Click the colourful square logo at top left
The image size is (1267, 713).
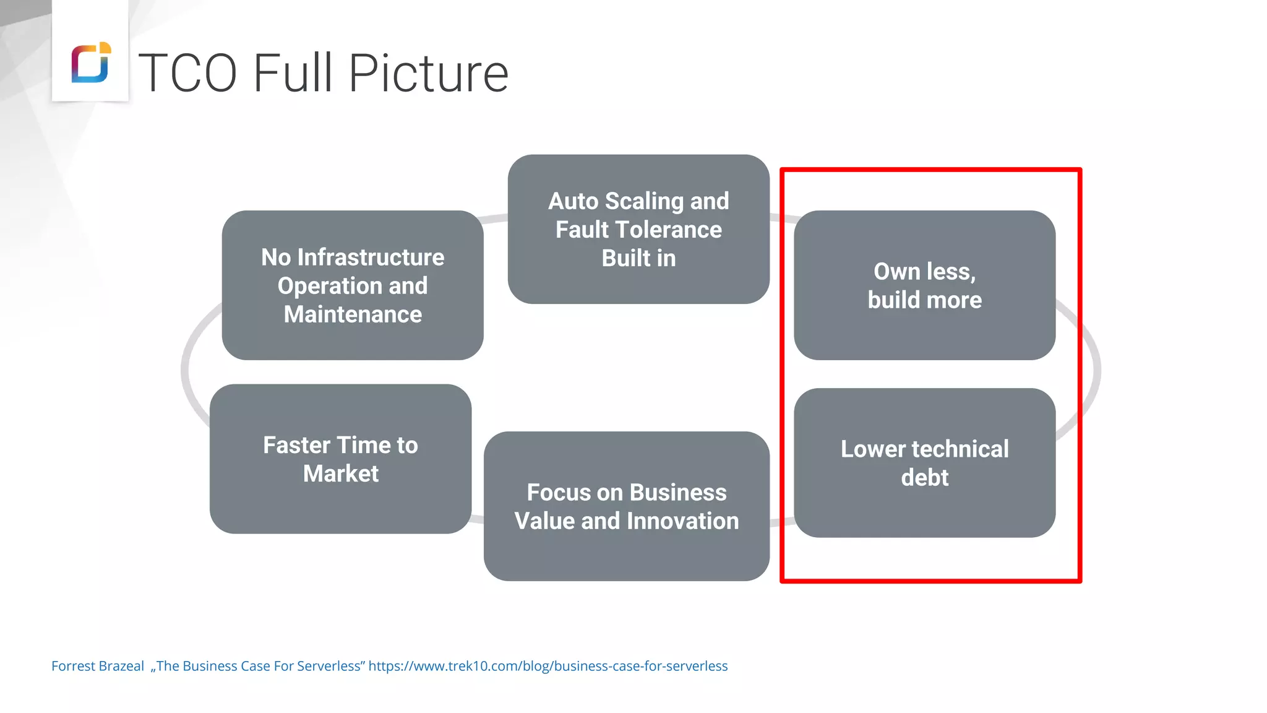(x=91, y=63)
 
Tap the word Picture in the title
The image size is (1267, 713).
(x=428, y=73)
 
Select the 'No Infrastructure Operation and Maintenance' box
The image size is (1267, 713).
(x=353, y=285)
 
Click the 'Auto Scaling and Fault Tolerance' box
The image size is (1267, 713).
(x=638, y=229)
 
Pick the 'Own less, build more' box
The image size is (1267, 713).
(x=924, y=285)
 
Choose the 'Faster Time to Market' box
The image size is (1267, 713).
(x=340, y=459)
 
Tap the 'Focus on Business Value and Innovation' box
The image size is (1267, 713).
(x=626, y=506)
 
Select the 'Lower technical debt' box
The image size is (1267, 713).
(x=924, y=463)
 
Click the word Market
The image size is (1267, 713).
(x=341, y=473)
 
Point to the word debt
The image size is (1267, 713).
(x=924, y=478)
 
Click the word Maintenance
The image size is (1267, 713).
(x=353, y=314)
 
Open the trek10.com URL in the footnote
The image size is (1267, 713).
(x=548, y=666)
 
